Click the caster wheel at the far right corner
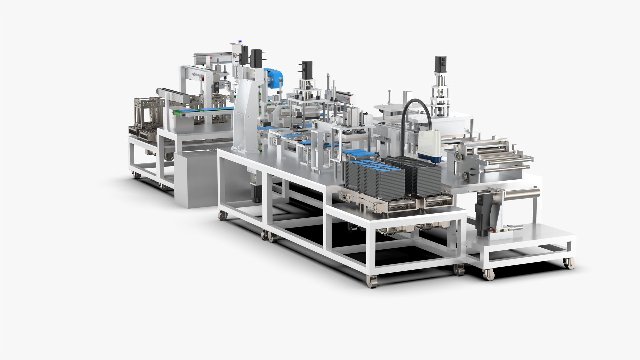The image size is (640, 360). (569, 263)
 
